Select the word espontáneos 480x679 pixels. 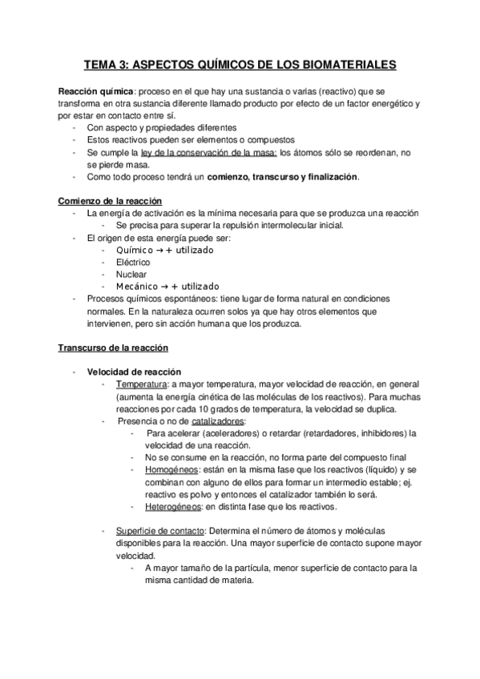tap(178, 299)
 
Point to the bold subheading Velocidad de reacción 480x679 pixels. tap(134, 372)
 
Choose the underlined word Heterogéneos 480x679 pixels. tap(174, 506)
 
